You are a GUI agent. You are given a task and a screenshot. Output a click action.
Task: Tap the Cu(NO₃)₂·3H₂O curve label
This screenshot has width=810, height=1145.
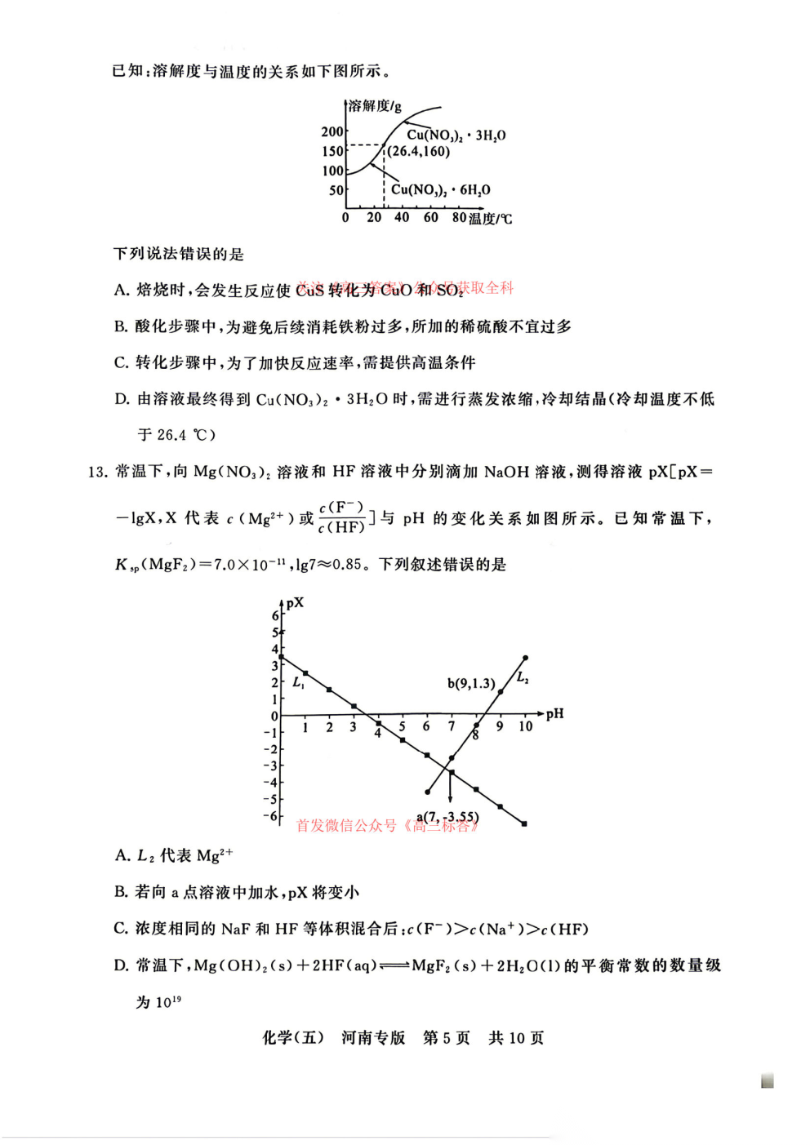(x=456, y=135)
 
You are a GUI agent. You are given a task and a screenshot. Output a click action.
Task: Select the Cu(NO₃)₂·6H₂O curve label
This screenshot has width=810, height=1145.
(x=440, y=190)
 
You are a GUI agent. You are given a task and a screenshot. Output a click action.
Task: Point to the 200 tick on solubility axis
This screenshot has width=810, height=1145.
(x=332, y=131)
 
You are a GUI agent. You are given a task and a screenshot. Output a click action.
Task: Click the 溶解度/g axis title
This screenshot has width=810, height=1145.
(x=375, y=106)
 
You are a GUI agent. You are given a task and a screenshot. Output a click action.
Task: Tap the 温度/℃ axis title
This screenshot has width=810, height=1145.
(x=491, y=219)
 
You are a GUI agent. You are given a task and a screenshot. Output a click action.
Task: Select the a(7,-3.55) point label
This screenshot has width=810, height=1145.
(x=447, y=817)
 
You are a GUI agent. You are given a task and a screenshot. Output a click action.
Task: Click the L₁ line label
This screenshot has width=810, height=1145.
(x=298, y=682)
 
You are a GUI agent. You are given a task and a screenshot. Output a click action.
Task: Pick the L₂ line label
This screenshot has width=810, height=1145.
(x=523, y=677)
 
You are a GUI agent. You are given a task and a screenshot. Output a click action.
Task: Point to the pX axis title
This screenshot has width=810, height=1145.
(x=295, y=602)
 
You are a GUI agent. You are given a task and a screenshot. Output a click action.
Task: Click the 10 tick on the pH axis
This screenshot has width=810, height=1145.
(x=525, y=726)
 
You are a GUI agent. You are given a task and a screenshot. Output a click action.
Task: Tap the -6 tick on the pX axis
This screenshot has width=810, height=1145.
(x=270, y=816)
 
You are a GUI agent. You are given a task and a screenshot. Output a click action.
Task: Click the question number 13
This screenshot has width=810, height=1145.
(x=97, y=472)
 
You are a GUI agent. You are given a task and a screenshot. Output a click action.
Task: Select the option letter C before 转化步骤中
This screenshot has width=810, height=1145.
(x=121, y=362)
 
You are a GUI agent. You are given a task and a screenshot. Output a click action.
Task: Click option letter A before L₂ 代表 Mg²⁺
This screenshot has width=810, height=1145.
(x=122, y=855)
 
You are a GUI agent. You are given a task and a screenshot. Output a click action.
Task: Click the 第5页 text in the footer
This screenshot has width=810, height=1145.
(x=446, y=1037)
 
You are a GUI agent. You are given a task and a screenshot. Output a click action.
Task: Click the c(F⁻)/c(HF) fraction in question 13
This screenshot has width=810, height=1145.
(x=341, y=518)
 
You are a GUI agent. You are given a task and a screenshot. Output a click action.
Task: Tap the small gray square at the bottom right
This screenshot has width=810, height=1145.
(x=767, y=1081)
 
